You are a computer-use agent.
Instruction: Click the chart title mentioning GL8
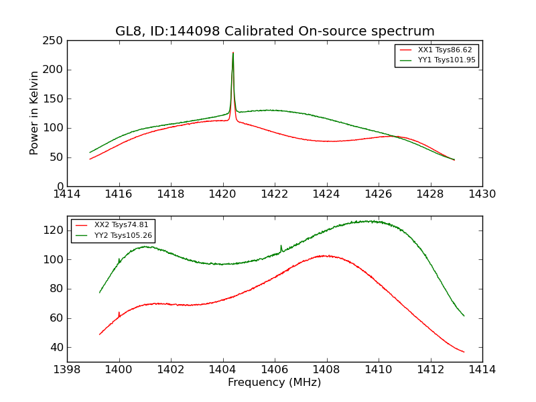click(275, 31)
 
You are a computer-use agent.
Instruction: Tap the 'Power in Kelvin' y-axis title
click(35, 113)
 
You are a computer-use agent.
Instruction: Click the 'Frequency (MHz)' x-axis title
click(275, 383)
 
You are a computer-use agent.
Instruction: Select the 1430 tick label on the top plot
click(482, 194)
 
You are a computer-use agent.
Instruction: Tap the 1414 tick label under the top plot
click(68, 194)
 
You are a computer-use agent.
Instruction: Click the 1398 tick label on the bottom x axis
click(68, 370)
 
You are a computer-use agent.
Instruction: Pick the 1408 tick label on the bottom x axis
click(326, 370)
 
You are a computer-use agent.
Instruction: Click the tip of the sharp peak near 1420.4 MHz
click(233, 53)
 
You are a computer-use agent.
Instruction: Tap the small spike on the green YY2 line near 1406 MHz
click(281, 246)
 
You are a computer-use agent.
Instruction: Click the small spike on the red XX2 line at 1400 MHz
click(119, 312)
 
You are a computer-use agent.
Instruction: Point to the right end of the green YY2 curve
click(464, 316)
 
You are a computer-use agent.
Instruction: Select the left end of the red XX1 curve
click(90, 159)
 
